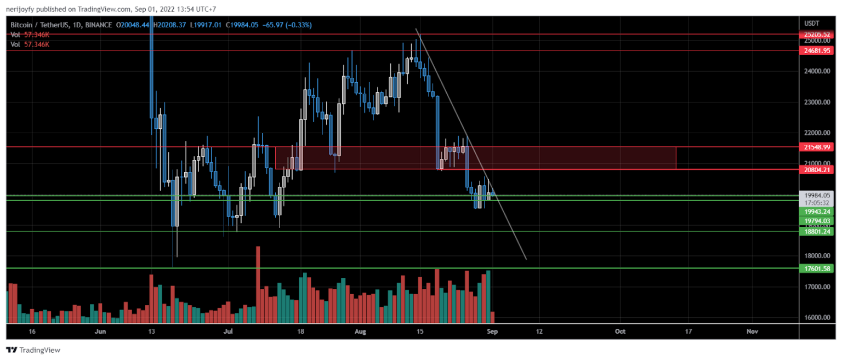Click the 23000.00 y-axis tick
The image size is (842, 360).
[817, 102]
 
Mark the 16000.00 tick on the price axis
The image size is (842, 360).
[817, 318]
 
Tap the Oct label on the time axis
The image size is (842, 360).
[620, 332]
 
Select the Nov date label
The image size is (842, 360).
[752, 332]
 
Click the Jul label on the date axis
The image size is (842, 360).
[229, 332]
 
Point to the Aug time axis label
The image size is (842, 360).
[360, 332]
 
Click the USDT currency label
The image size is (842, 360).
[811, 24]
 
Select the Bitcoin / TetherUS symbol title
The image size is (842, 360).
[41, 25]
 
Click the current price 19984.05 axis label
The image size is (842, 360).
[817, 195]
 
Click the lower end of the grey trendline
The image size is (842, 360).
[526, 259]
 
